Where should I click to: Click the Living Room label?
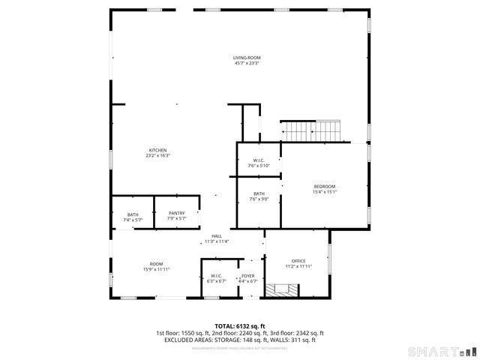click(247, 58)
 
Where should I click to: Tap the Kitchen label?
click(157, 150)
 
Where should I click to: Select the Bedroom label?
click(324, 186)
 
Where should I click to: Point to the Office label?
click(298, 261)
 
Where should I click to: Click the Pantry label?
click(176, 213)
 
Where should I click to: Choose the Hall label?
click(217, 236)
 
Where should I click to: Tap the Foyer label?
click(247, 276)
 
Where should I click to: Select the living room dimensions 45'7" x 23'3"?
click(247, 63)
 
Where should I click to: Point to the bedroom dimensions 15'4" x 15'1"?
click(324, 191)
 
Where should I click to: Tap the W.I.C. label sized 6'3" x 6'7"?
click(216, 276)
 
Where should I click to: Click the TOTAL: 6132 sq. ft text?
click(240, 326)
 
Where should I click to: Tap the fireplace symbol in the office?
click(283, 289)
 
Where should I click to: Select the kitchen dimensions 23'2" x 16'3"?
click(157, 155)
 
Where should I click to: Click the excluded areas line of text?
click(240, 340)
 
